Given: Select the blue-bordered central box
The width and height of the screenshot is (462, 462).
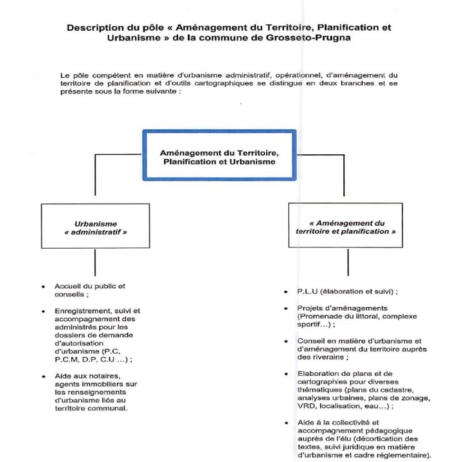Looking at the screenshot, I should tap(220, 156).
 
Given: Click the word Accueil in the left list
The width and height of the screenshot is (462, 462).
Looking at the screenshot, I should tap(66, 286).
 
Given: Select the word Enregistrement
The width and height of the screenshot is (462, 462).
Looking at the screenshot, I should tap(78, 311).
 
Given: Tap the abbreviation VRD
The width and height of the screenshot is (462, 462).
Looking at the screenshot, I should tap(305, 406).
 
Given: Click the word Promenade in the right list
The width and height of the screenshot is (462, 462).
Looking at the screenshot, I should tap(316, 316).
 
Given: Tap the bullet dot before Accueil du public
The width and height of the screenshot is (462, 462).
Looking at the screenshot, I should tap(43, 286).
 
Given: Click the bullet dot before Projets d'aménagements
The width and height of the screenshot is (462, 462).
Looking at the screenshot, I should tap(286, 309).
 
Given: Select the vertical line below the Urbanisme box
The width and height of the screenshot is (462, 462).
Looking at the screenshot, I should tap(95, 262).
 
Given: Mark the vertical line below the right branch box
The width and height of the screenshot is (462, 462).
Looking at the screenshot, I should tap(347, 262).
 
